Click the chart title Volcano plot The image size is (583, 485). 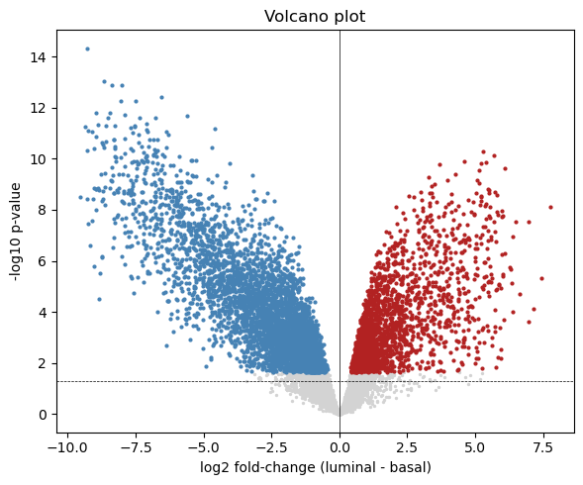315,17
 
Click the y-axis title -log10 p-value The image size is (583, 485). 16,232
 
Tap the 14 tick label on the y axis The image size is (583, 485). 39,57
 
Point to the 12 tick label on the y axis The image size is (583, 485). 39,108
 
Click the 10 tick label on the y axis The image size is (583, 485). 39,159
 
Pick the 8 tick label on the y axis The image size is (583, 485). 43,210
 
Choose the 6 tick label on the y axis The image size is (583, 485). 43,261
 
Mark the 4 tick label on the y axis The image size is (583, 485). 43,313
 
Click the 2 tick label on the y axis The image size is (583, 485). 43,363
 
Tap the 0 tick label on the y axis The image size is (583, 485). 43,415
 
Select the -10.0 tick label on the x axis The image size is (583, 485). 67,447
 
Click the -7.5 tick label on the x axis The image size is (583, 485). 136,447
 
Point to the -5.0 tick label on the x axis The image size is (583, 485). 204,447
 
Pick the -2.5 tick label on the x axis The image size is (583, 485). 271,447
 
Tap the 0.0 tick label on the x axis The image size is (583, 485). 340,447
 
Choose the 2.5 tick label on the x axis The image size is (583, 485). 408,447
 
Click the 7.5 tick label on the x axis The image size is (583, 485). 543,447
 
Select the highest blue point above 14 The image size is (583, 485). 87,48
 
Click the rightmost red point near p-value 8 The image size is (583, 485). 550,207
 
